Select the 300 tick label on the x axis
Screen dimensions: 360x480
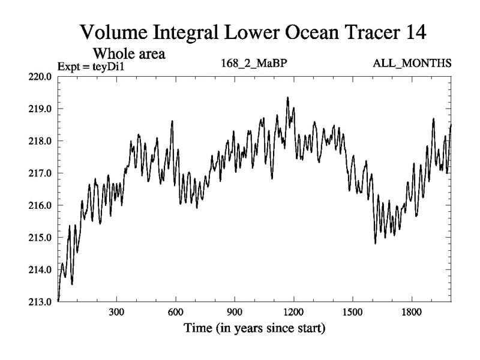click(116, 313)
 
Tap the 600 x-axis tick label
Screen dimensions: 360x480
click(175, 313)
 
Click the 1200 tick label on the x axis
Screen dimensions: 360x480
click(293, 313)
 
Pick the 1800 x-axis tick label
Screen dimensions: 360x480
click(412, 313)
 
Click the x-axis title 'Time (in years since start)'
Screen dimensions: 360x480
click(254, 329)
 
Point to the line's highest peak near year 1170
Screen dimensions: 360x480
click(287, 97)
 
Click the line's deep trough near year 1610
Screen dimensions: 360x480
click(375, 243)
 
